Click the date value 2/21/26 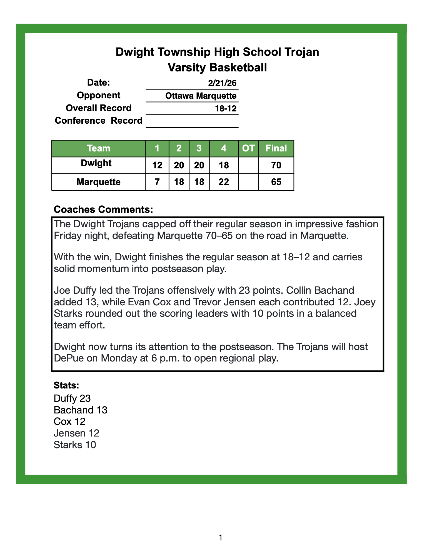tap(222, 83)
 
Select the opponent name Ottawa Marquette tap(201, 96)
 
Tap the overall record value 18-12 tap(226, 109)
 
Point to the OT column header tap(248, 148)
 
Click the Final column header tap(276, 148)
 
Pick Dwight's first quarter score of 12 tap(157, 166)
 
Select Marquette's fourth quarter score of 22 tap(224, 182)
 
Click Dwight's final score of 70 tap(276, 166)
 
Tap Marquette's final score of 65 tap(276, 182)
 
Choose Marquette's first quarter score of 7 tap(157, 182)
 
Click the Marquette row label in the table tap(98, 182)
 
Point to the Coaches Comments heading tap(103, 210)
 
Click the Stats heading tap(66, 385)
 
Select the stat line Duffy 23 tap(72, 398)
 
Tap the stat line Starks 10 tap(75, 445)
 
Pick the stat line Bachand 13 tap(80, 410)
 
